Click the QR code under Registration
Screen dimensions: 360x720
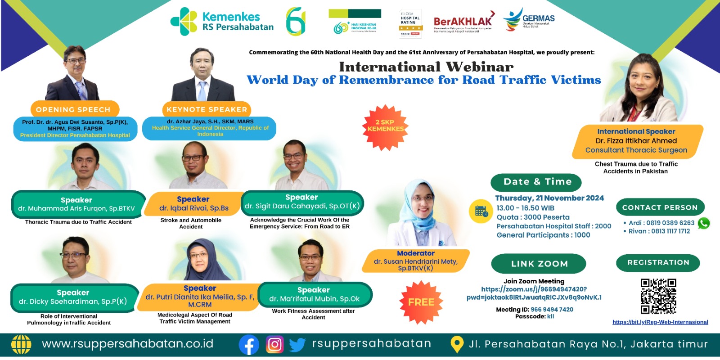pyautogui.click(x=658, y=296)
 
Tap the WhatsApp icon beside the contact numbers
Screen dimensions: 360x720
pyautogui.click(x=703, y=223)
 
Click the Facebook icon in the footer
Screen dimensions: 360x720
pyautogui.click(x=249, y=345)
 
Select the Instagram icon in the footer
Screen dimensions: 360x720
pyautogui.click(x=274, y=345)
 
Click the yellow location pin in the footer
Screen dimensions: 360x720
pyautogui.click(x=457, y=345)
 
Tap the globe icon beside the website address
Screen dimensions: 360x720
pyautogui.click(x=21, y=345)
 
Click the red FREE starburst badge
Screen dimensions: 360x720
pyautogui.click(x=421, y=302)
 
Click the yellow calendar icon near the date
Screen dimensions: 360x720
pyautogui.click(x=481, y=211)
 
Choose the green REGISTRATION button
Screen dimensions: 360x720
pyautogui.click(x=658, y=263)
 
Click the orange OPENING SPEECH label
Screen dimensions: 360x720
pyautogui.click(x=74, y=109)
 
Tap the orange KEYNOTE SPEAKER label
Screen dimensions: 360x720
pyautogui.click(x=207, y=109)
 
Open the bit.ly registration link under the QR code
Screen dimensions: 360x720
pyautogui.click(x=660, y=322)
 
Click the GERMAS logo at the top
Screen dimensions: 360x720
pyautogui.click(x=529, y=20)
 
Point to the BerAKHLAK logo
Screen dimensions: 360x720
pyautogui.click(x=463, y=22)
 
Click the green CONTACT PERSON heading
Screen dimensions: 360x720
pyautogui.click(x=660, y=207)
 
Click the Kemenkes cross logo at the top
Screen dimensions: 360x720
pyautogui.click(x=184, y=21)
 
